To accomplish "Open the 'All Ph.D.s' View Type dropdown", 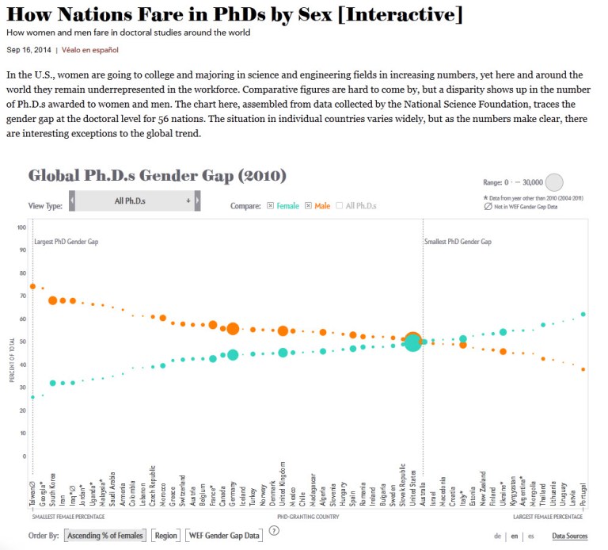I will [135, 201].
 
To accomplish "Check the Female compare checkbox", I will [271, 206].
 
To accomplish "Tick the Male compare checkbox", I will [308, 206].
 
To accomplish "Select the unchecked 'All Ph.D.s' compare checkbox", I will [340, 206].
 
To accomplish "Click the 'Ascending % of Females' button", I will [104, 536].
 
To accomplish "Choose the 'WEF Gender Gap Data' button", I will [224, 536].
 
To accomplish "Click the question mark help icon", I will [274, 531].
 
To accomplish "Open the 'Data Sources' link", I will [569, 536].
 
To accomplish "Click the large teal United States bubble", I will [412, 342].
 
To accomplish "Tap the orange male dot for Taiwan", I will [32, 286].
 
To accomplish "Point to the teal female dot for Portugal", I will [583, 314].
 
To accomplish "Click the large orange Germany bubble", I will [233, 329].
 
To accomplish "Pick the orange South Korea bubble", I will [52, 300].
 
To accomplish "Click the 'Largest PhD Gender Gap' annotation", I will [66, 241].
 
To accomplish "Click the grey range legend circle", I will [555, 182].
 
